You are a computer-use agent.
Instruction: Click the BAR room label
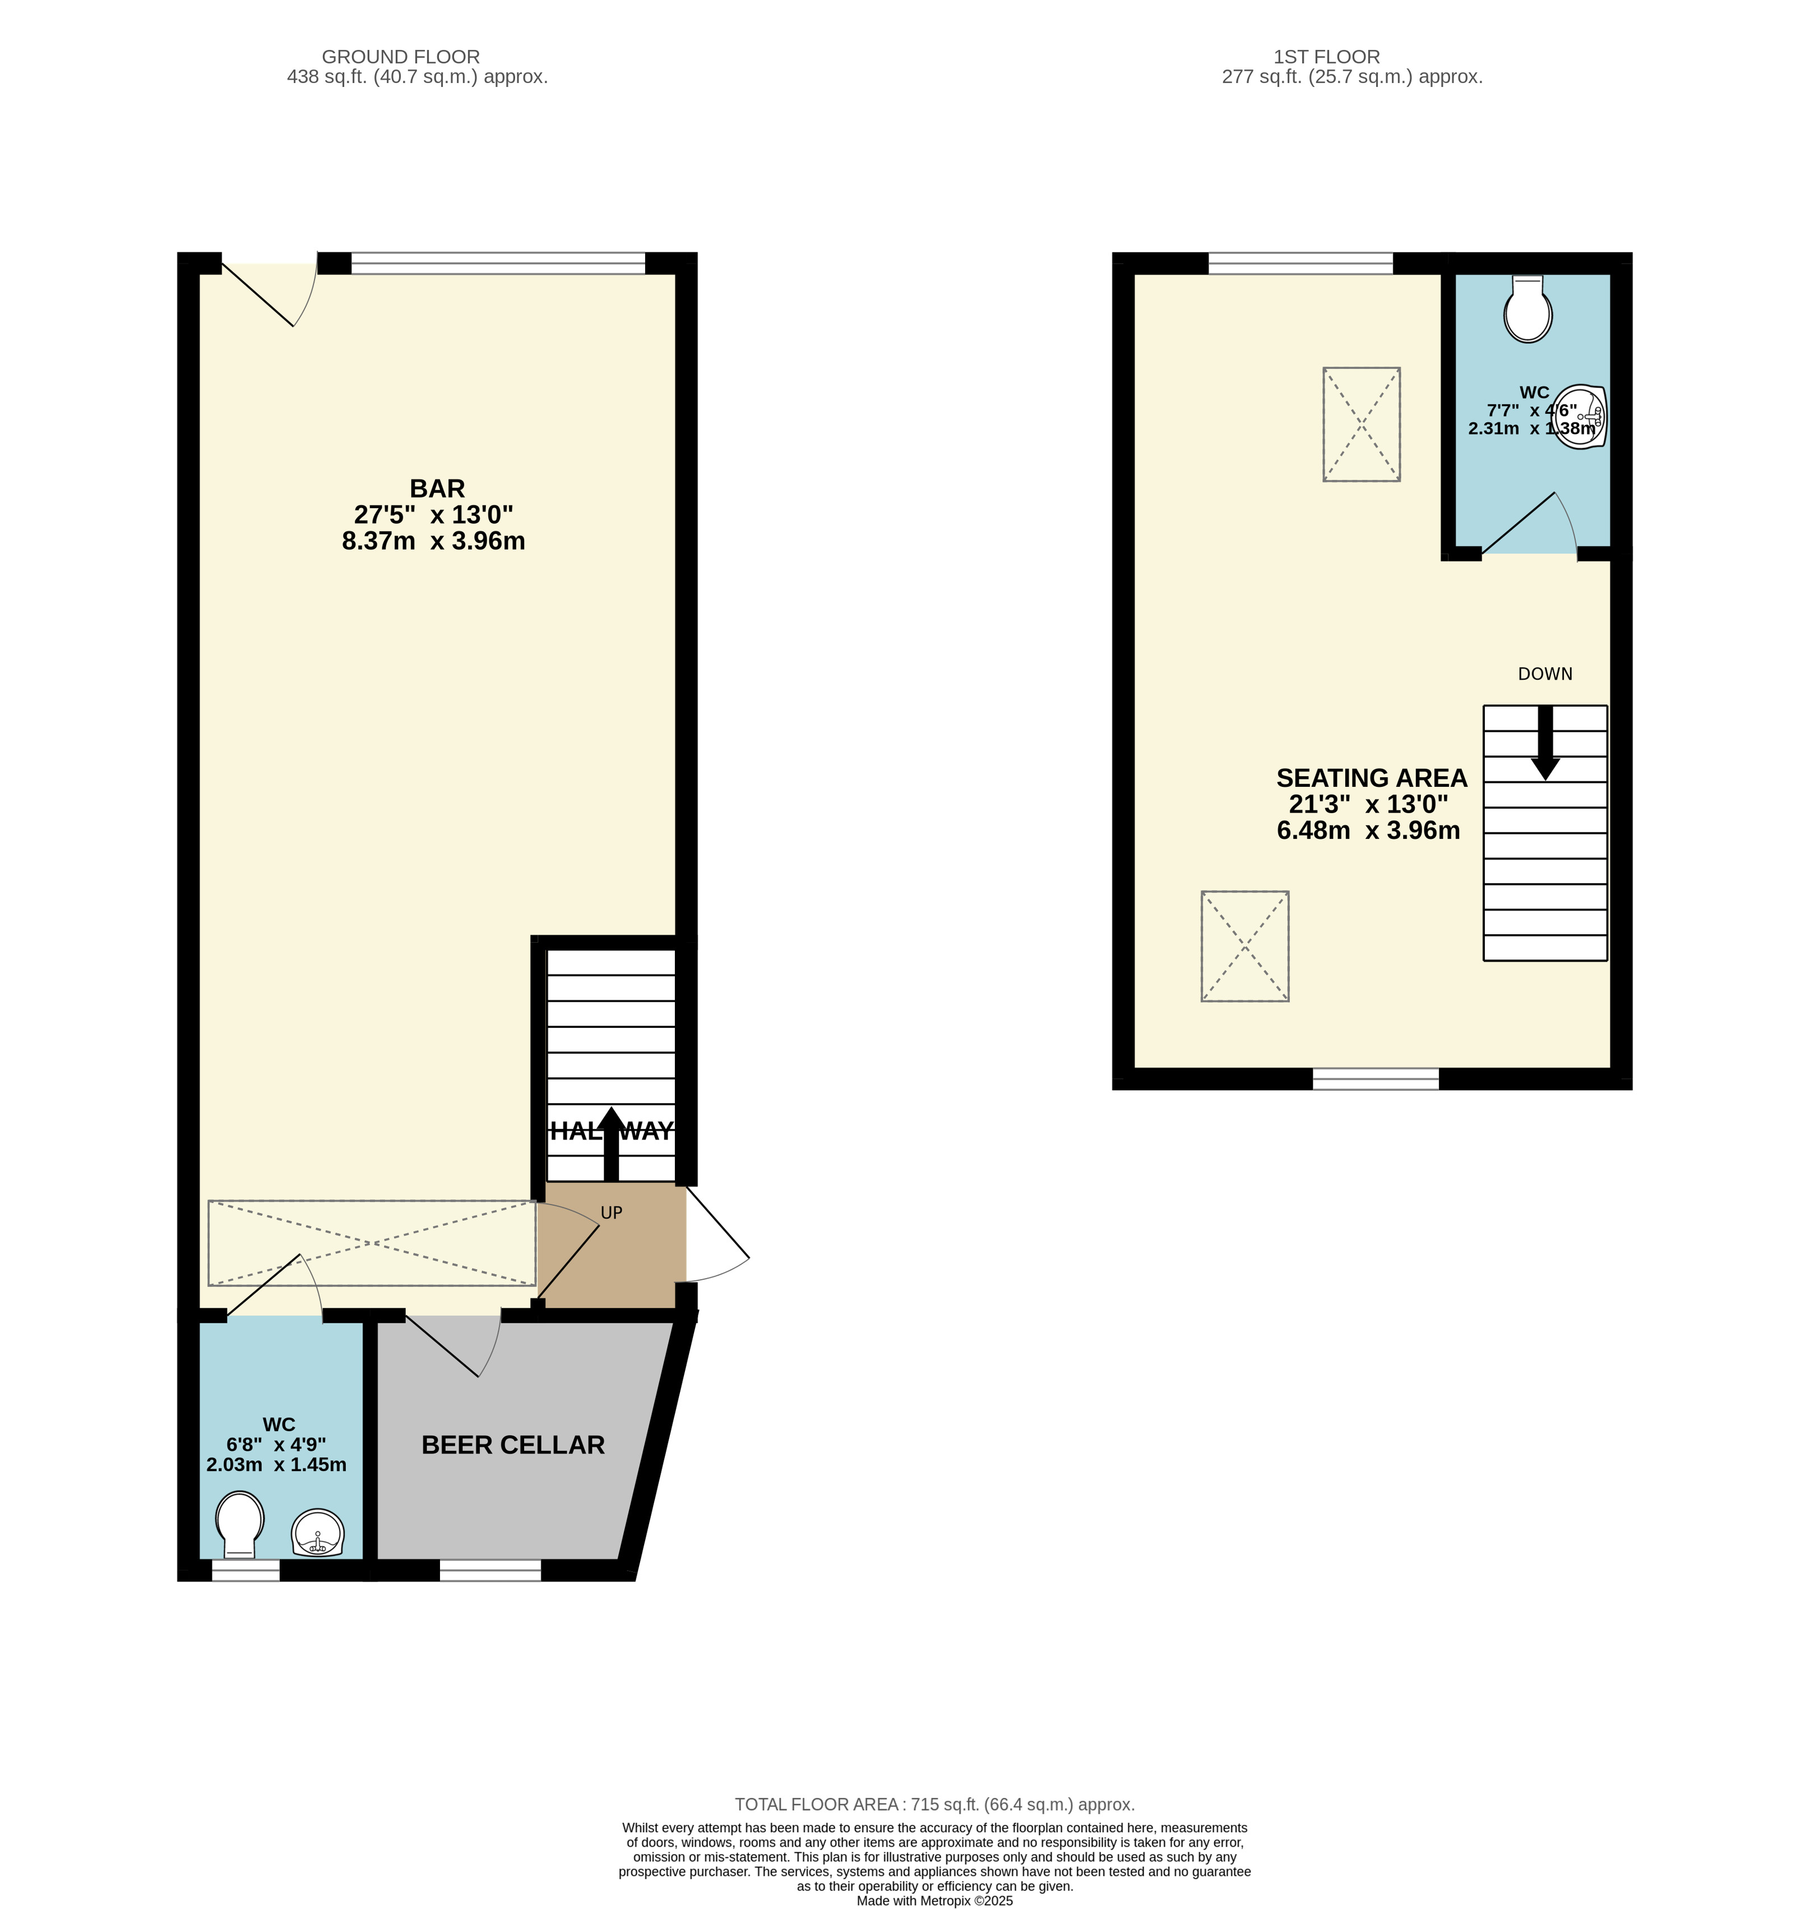[x=437, y=490]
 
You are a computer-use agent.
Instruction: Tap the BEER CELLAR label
[x=513, y=1445]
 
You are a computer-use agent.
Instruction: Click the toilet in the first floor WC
[x=1528, y=309]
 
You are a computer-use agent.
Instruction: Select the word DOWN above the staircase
[x=1545, y=674]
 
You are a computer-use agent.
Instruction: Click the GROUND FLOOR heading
[x=400, y=57]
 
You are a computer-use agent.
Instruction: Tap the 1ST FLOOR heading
[x=1327, y=57]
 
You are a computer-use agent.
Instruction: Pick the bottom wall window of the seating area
[x=1376, y=1079]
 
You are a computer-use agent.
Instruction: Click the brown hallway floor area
[x=612, y=1246]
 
